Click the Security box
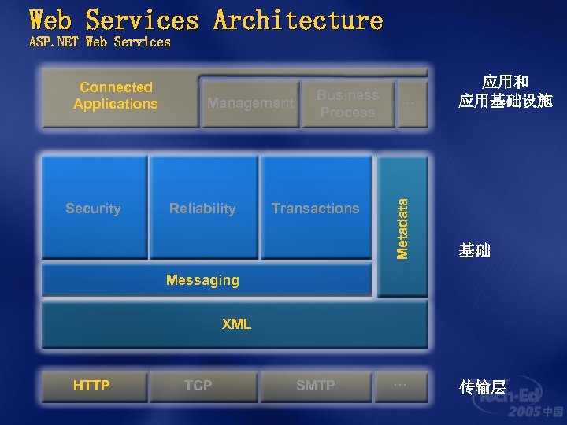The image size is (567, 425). click(x=94, y=209)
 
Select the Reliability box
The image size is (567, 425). click(x=203, y=209)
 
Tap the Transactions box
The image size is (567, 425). click(x=316, y=209)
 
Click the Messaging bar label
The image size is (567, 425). click(x=202, y=280)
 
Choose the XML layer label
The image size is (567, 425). click(x=236, y=324)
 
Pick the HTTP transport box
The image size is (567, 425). click(x=92, y=386)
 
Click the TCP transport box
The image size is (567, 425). click(x=198, y=386)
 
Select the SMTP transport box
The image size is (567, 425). click(x=315, y=386)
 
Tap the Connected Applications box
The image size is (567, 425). click(x=116, y=96)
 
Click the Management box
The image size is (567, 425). click(x=250, y=103)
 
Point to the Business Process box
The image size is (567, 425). click(x=347, y=104)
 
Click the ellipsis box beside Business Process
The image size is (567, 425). click(x=409, y=103)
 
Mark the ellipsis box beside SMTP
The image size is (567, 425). click(x=401, y=386)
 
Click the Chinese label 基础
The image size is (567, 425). click(x=475, y=251)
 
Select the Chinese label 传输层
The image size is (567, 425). click(x=482, y=387)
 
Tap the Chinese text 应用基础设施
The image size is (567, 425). click(x=506, y=102)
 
